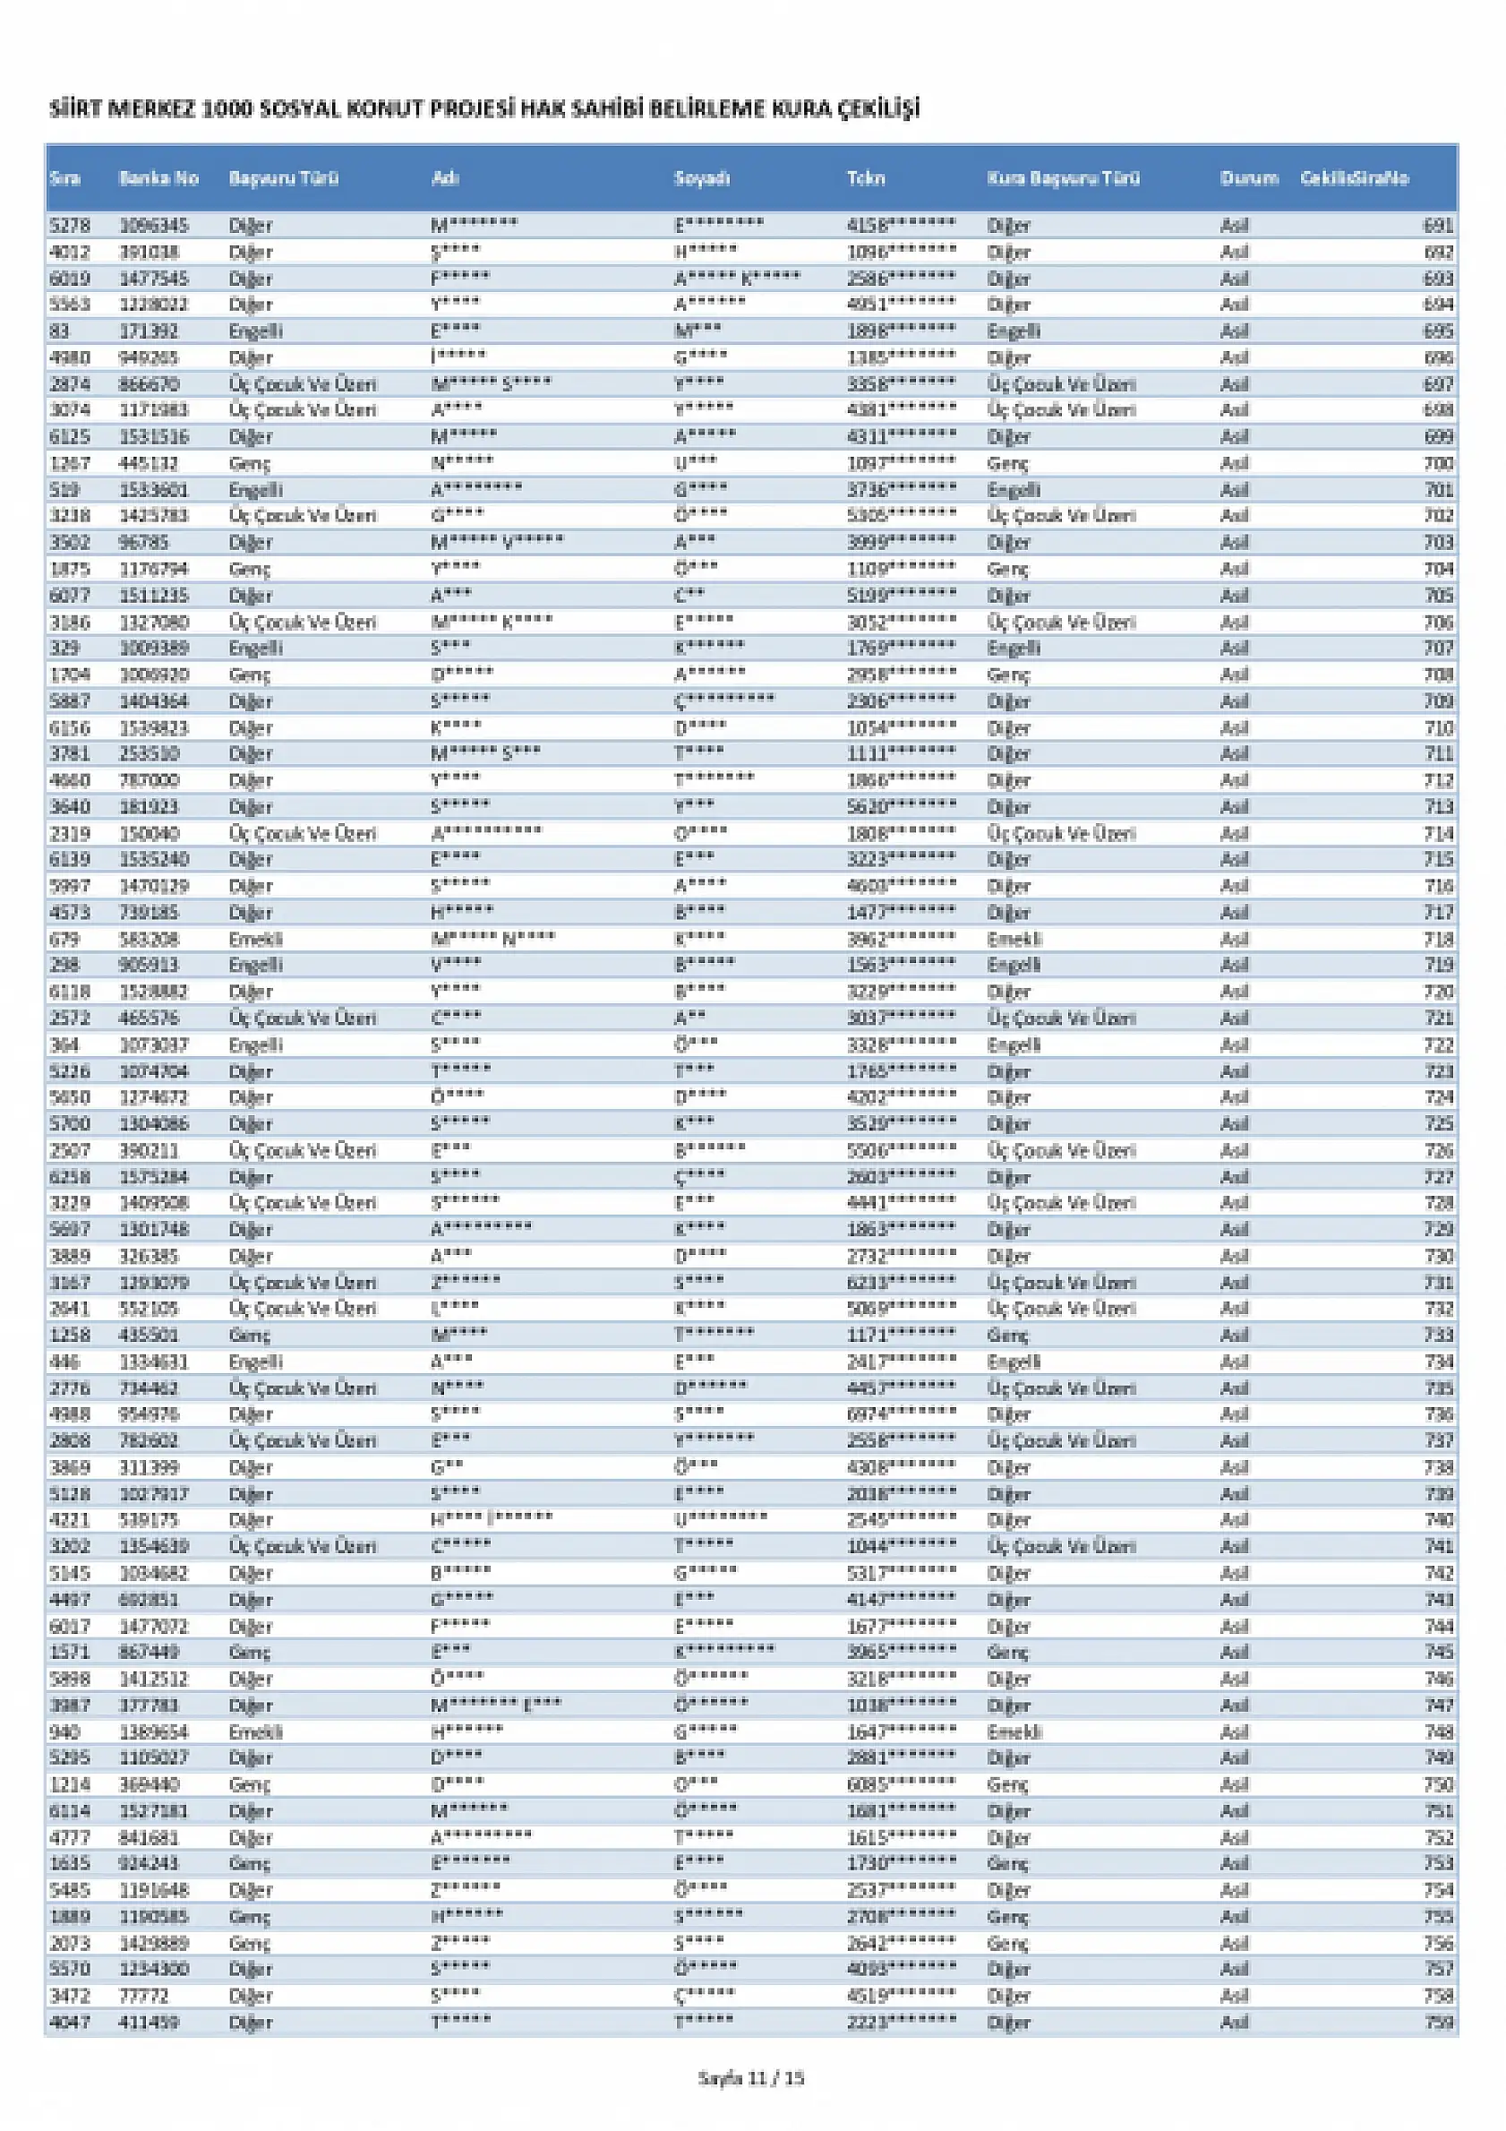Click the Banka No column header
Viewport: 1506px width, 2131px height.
[x=158, y=178]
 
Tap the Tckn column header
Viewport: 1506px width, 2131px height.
[x=866, y=178]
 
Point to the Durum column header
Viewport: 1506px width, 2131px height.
[x=1249, y=178]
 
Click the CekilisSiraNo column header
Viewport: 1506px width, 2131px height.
[x=1354, y=178]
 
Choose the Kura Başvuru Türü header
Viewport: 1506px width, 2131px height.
[x=1064, y=178]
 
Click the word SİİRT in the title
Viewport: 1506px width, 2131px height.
[x=74, y=109]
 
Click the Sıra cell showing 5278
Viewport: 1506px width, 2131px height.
[x=70, y=226]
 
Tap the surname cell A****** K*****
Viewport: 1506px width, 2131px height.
[x=737, y=279]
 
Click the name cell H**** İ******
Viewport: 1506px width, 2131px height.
[x=492, y=1519]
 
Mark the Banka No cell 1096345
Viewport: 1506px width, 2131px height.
[x=154, y=226]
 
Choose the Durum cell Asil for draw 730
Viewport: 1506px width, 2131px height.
[x=1234, y=1256]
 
